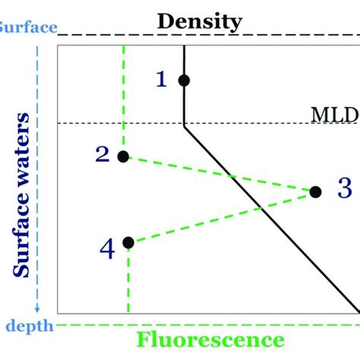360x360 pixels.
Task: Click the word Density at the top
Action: click(200, 21)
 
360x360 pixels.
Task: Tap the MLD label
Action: click(335, 115)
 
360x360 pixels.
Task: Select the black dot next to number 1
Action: click(184, 80)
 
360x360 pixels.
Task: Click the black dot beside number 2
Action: click(124, 156)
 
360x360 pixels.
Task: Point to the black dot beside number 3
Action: click(315, 192)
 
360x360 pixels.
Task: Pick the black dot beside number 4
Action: click(128, 242)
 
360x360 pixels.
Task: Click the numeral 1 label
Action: click(160, 79)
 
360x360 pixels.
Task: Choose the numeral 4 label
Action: click(107, 248)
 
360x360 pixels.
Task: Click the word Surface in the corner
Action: click(27, 28)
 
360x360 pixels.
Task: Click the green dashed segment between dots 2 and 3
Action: click(220, 175)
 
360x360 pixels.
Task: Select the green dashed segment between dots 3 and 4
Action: click(220, 218)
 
